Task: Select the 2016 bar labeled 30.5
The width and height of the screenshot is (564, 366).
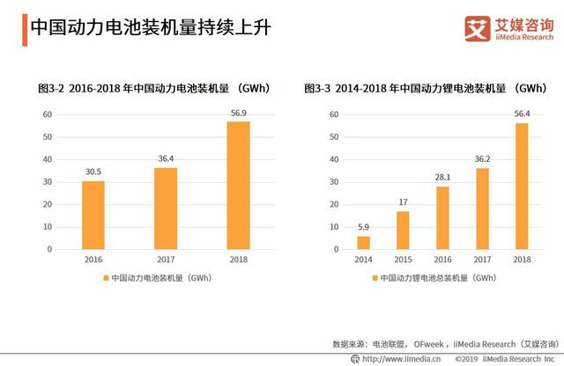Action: coord(93,215)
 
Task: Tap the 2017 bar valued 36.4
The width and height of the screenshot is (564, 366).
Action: coord(166,208)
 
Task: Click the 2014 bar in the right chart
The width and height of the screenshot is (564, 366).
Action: coord(364,242)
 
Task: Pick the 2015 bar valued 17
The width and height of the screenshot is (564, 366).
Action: coord(403,230)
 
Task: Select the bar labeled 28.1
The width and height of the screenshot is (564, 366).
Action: coord(442,217)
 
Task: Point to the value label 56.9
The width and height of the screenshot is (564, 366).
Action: coord(238,113)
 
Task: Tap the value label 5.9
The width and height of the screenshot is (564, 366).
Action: coord(364,227)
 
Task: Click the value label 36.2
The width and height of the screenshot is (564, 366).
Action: coord(482,158)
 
